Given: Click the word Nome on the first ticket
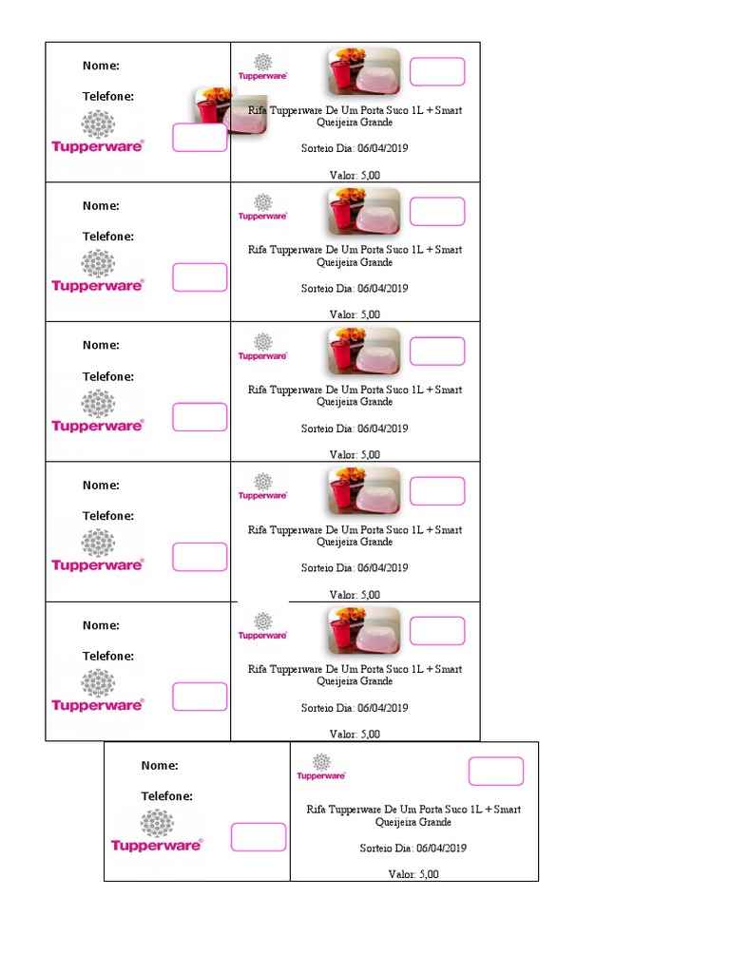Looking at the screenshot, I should tap(101, 66).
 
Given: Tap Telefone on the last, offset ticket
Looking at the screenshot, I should tap(167, 796).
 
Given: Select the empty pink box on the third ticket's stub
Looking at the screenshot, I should tap(200, 417).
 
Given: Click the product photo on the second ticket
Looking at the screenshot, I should tap(364, 211).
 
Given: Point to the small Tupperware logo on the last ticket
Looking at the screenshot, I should tap(321, 768).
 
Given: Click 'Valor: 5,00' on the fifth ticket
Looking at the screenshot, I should tap(355, 735).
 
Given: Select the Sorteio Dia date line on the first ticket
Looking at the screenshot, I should tap(355, 149).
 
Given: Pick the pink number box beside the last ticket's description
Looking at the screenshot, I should tap(495, 772).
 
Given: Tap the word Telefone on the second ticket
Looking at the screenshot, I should tap(108, 237).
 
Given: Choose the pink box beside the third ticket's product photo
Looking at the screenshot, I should tap(437, 352).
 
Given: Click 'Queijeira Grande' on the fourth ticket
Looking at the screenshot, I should tap(355, 543).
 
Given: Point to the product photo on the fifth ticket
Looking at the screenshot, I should tap(364, 631).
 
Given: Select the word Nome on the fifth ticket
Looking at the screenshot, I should tap(101, 625).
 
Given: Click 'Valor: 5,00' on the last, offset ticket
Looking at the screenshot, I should tap(413, 874).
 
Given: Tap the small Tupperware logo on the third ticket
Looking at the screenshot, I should tap(262, 347).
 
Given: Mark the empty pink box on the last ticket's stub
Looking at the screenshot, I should tap(259, 837).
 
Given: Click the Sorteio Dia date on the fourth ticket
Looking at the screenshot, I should tap(355, 568).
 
